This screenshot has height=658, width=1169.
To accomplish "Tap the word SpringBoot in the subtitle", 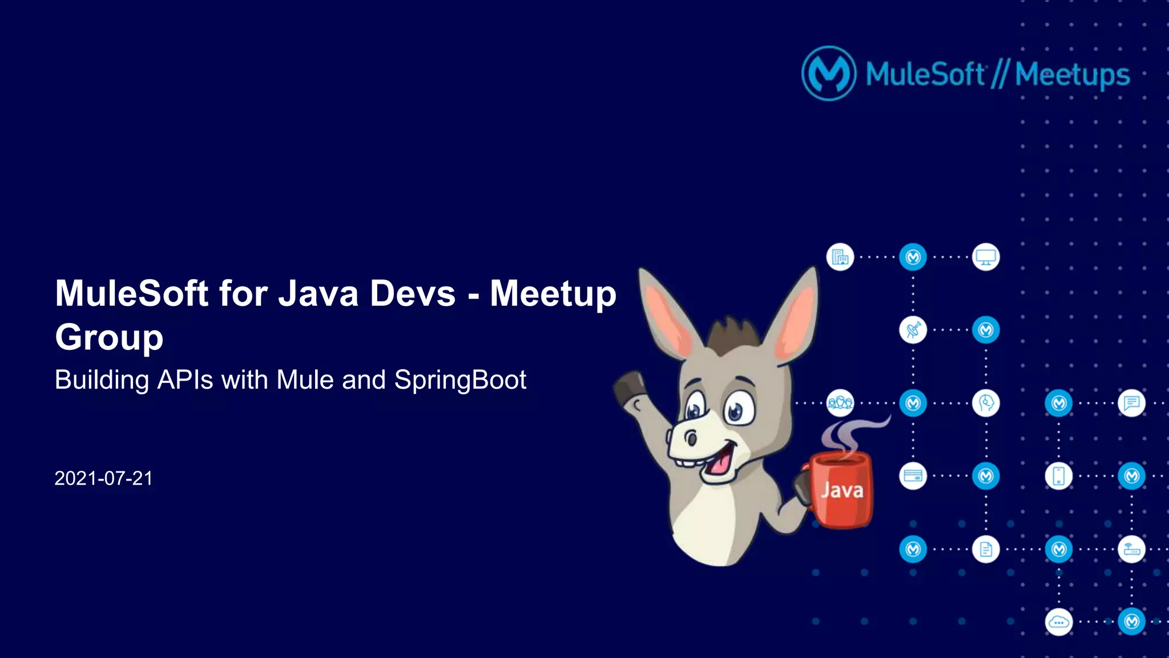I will coord(460,380).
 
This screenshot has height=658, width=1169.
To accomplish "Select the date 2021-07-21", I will coord(103,478).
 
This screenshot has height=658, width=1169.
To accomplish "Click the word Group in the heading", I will coord(109,338).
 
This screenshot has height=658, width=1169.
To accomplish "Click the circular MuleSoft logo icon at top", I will coord(829,74).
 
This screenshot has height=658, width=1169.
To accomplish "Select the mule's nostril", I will coord(691,438).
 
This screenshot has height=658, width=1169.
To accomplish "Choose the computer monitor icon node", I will coord(986,257).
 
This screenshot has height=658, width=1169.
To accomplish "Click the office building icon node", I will coord(840,257).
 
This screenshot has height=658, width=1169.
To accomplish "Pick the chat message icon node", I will coord(1131,403).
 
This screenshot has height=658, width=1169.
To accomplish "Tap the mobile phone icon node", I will coord(1059,476).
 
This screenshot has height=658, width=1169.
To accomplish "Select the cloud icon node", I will coord(1059,622).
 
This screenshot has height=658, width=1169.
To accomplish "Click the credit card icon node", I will coord(913,476).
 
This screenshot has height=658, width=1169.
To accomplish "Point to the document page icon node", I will coord(986,550).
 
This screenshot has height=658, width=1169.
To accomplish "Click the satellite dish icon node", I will coord(913,330).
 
